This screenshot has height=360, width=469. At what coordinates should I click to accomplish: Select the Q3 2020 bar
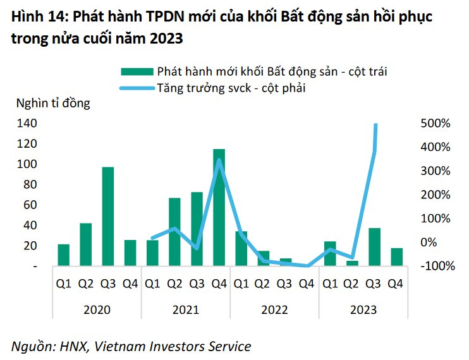(107, 216)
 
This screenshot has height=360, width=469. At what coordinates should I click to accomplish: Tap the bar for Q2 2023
(352, 263)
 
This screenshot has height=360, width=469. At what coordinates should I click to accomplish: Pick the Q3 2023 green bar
(374, 247)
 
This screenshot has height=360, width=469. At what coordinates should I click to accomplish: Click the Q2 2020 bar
(85, 244)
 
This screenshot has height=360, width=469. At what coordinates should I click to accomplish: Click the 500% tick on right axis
(435, 123)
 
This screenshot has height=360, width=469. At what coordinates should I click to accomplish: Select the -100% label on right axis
(436, 267)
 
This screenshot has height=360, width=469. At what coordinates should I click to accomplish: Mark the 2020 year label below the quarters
(96, 309)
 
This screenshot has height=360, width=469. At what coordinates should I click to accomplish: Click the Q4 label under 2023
(396, 284)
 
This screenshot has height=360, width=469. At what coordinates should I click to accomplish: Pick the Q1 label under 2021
(152, 284)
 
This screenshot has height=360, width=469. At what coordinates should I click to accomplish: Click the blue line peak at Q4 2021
(219, 160)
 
